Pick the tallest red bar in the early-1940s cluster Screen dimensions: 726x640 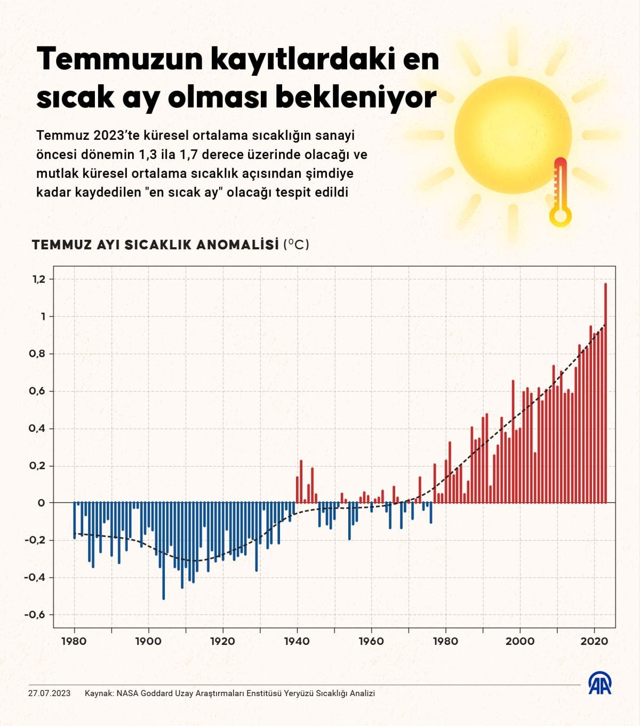(301, 480)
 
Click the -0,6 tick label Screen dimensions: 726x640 (35, 614)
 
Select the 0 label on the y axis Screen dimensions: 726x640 (42, 503)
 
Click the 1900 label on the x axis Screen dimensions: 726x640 (148, 641)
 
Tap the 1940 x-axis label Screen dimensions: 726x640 (297, 641)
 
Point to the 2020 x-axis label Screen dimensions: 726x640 (595, 641)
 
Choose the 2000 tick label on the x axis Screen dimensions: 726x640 (520, 641)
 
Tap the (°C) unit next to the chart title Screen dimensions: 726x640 (297, 244)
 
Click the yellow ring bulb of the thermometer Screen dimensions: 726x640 (561, 216)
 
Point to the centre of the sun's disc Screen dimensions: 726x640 (513, 135)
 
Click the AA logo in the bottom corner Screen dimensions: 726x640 (600, 684)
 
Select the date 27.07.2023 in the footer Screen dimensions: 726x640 (49, 693)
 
